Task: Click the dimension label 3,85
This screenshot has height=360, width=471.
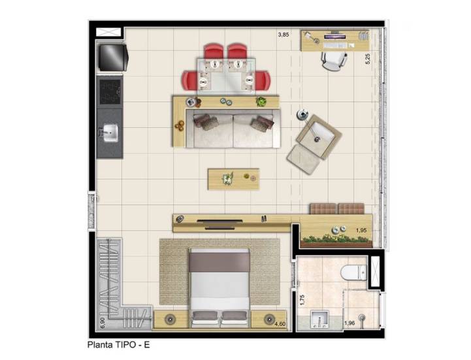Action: (284, 35)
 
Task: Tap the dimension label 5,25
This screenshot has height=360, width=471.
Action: (368, 59)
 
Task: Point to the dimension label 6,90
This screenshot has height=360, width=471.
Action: (103, 323)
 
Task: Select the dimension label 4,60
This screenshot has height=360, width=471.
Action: (280, 324)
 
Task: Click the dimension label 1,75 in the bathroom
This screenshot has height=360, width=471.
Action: (302, 300)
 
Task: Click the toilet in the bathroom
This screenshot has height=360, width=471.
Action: (354, 272)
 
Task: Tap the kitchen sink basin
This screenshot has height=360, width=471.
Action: (110, 133)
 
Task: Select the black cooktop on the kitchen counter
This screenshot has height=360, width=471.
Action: (110, 91)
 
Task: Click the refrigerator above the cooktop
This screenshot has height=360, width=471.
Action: (113, 57)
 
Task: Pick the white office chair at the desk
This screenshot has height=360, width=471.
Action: (334, 61)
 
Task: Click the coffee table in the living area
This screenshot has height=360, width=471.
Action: (233, 179)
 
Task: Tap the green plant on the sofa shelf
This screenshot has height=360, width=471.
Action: (261, 101)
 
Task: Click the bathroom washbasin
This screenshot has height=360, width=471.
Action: (319, 319)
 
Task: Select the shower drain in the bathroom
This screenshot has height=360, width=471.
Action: (363, 318)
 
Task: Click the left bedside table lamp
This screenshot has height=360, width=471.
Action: (171, 319)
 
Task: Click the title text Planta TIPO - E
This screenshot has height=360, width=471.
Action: (118, 345)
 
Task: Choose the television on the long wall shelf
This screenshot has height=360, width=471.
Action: (219, 221)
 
